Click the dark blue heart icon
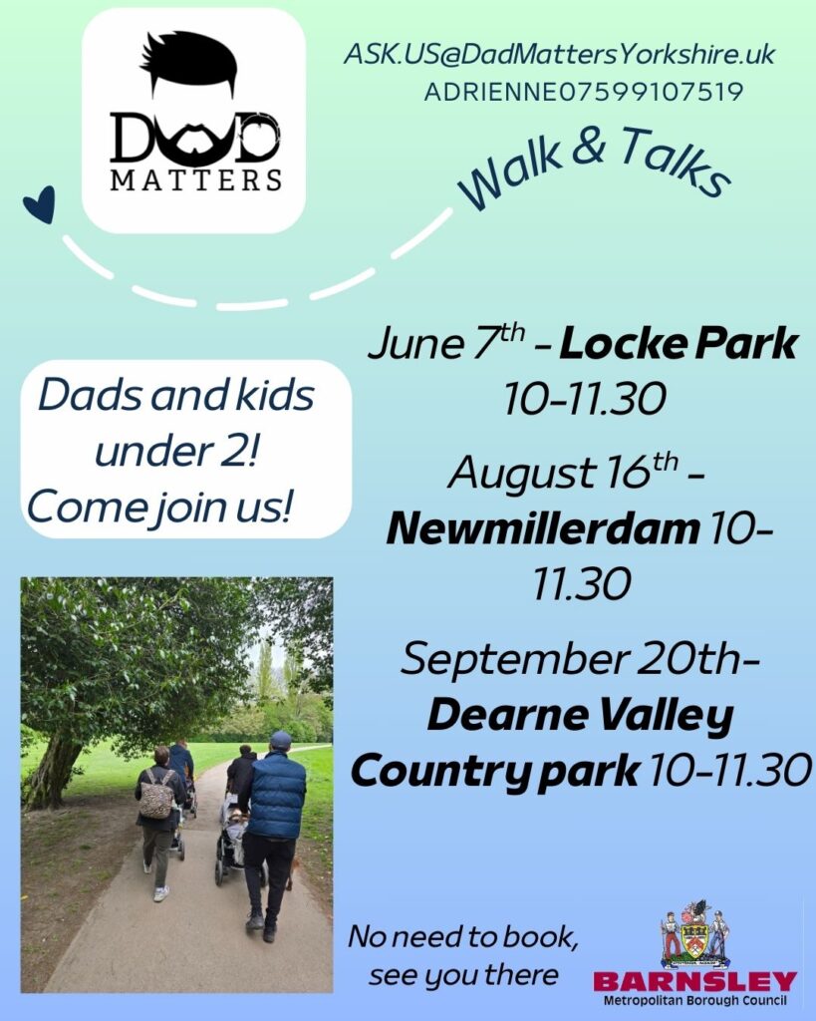pos(40,204)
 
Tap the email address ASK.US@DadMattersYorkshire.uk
pos(559,54)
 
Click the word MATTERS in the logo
pos(196,179)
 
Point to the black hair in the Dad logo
pos(188,60)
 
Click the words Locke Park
pos(679,344)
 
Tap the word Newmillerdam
pos(543,528)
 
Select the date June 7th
pos(446,342)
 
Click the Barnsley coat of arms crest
pos(695,935)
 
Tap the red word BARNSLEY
pos(695,982)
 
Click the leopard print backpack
pos(156,795)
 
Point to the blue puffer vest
pos(276,795)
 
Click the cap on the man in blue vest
pos(280,741)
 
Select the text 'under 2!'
pos(177,451)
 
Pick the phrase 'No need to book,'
pos(462,937)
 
